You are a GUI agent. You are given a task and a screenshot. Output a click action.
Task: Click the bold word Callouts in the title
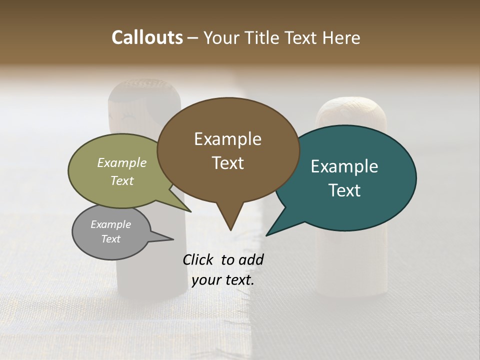click(147, 37)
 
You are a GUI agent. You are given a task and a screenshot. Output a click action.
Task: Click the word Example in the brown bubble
click(227, 139)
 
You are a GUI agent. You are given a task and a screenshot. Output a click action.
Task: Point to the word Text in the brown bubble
click(227, 163)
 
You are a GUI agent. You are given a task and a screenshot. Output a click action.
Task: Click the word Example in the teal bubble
click(344, 166)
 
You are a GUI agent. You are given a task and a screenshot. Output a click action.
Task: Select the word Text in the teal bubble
click(344, 190)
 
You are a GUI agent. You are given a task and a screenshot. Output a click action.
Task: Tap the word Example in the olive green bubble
click(121, 162)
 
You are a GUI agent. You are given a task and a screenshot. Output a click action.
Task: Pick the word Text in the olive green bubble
click(121, 180)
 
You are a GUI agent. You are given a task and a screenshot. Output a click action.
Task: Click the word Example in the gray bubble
click(110, 224)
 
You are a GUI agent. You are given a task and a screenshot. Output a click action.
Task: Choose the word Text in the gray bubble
click(110, 239)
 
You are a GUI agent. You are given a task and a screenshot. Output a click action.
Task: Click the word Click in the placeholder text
click(198, 259)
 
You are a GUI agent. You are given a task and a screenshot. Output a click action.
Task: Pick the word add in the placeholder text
click(251, 259)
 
